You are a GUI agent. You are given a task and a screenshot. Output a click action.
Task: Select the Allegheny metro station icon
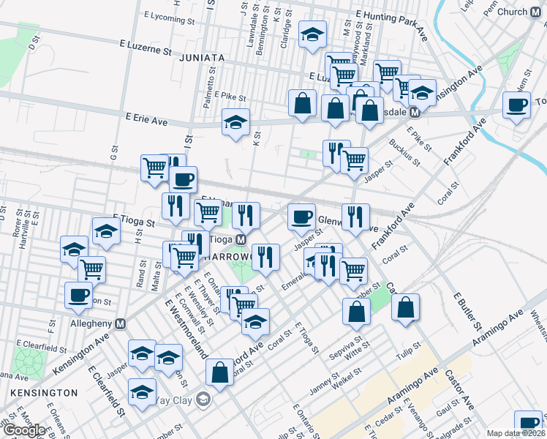[121, 323]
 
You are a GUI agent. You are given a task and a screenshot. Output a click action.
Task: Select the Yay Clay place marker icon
[203, 399]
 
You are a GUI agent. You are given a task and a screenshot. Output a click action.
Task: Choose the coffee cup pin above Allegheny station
[78, 295]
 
